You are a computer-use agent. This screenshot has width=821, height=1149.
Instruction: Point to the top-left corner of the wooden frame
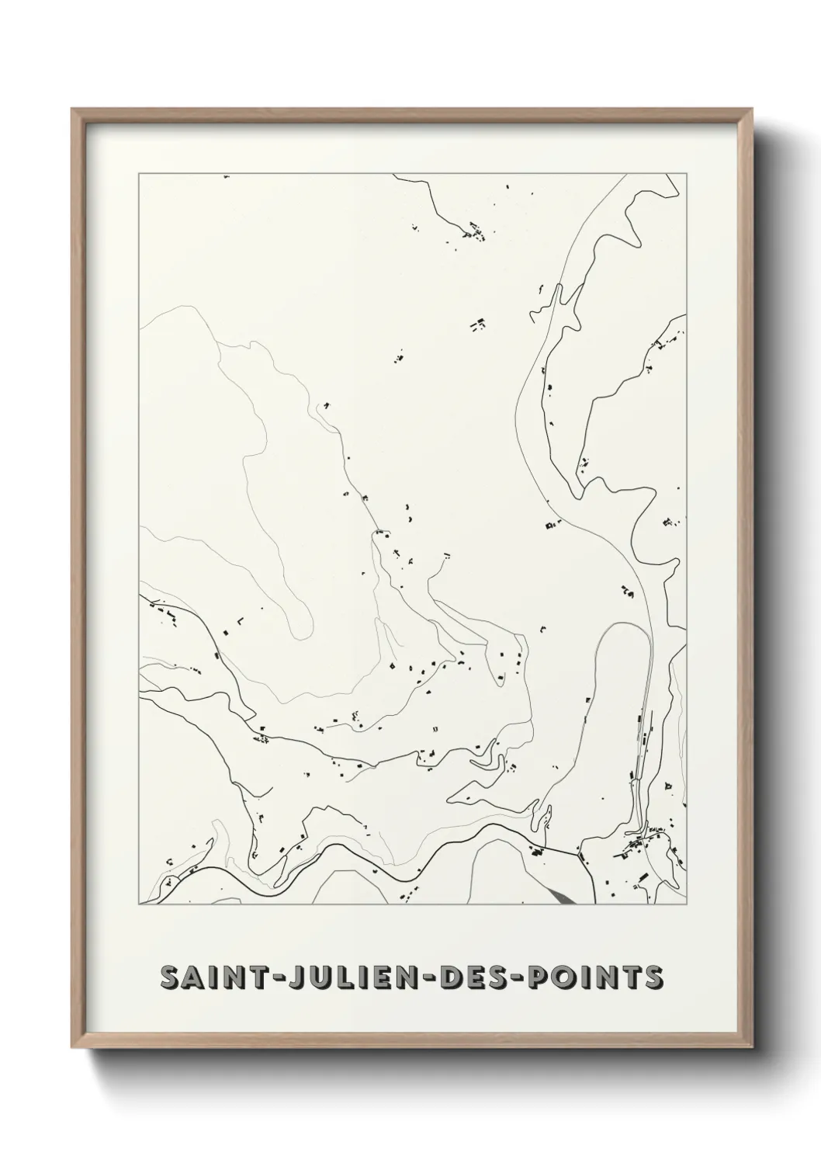(x=73, y=109)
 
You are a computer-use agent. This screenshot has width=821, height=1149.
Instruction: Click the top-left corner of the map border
(x=139, y=175)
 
